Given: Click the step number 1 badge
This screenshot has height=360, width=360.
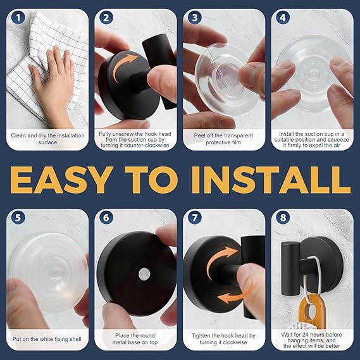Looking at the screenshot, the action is pos(18,18).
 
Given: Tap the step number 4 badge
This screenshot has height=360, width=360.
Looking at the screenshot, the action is pos(283,18).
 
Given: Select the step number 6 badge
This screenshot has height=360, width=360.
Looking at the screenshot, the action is pos(106,218).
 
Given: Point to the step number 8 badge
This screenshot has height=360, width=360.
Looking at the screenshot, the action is pos(283,218).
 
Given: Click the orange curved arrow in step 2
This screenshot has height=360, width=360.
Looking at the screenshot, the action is pos(121,65).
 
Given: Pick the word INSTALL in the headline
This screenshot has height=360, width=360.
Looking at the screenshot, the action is pos(271,180).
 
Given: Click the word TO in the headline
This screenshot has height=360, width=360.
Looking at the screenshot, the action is pos(152,180).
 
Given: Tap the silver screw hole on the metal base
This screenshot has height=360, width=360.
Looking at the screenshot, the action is pos(144,274).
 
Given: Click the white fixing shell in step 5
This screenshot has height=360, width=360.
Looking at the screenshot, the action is pos(47,273).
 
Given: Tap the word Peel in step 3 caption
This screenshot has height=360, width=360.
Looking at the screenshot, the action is pos(199,135).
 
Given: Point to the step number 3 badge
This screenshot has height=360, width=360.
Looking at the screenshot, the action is pos(195,18).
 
